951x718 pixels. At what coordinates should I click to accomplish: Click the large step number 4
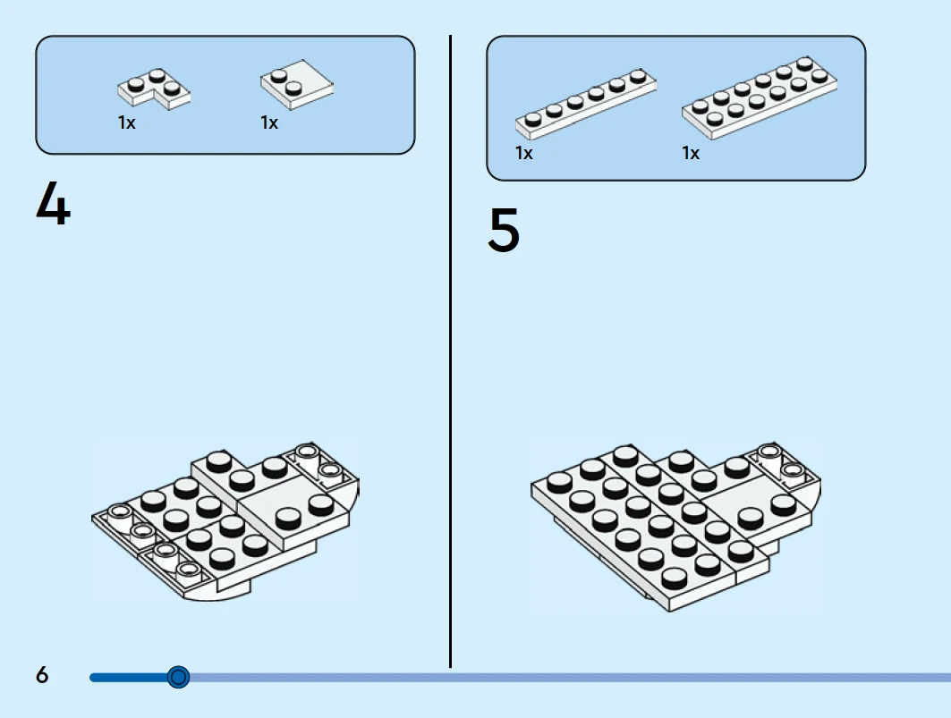(53, 204)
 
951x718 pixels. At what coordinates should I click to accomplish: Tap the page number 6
(42, 675)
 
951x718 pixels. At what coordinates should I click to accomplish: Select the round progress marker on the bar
(179, 677)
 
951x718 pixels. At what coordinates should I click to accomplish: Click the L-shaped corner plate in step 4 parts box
(153, 89)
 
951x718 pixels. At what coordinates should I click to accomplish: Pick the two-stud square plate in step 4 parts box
(298, 84)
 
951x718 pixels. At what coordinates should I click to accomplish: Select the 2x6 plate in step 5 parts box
(760, 97)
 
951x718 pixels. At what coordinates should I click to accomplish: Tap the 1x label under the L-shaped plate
(127, 123)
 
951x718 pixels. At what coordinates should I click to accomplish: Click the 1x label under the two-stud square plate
(269, 123)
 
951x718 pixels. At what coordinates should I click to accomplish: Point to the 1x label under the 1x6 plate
(524, 154)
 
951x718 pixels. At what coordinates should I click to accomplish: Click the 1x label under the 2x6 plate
(691, 154)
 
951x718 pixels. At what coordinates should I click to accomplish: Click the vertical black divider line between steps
(450, 358)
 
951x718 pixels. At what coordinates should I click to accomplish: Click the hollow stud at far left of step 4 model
(118, 512)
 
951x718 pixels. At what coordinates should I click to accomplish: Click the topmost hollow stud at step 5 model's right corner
(768, 450)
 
